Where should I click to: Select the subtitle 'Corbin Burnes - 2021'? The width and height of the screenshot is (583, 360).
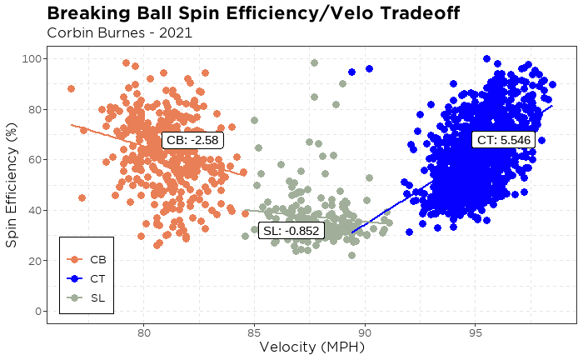coord(120,33)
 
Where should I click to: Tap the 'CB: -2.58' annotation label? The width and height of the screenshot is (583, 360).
coord(192,141)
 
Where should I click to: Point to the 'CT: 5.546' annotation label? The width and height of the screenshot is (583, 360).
coord(501,139)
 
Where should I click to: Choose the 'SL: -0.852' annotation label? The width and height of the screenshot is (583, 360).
coord(290,231)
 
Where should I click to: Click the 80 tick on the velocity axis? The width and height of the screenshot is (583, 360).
coord(143,332)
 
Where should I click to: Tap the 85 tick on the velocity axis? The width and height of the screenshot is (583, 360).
coord(254,332)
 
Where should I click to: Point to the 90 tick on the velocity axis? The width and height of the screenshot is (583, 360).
coord(365,332)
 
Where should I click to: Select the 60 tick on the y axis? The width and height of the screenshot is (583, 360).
coord(36,160)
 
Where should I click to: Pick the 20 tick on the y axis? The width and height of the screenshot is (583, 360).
coord(36,261)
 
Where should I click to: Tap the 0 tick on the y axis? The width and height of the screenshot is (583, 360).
coord(39,312)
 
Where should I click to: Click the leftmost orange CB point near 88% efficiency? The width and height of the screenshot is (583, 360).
coord(71,88)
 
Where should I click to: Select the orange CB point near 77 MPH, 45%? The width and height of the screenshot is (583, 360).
coord(82,198)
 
